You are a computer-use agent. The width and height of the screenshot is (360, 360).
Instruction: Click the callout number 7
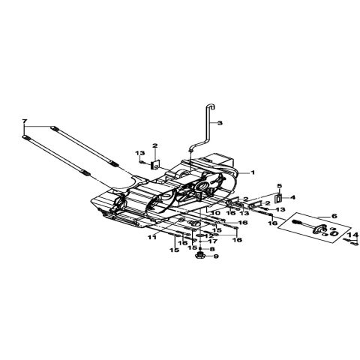pos(24,121)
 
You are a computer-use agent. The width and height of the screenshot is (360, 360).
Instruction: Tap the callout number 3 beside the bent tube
pos(220,123)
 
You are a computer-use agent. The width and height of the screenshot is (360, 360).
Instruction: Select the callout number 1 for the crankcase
pos(253,172)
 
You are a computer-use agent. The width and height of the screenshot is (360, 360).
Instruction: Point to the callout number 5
pos(279,186)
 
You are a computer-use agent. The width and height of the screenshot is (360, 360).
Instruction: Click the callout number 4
pos(292,197)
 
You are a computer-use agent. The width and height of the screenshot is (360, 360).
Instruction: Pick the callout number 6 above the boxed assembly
pos(334,216)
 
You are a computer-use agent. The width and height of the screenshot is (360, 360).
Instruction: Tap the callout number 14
pos(355,235)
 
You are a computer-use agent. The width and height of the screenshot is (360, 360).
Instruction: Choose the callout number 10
pos(215,213)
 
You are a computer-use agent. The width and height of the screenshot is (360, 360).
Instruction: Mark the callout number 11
pos(152,238)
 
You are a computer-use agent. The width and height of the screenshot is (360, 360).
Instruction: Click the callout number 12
pos(209,235)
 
